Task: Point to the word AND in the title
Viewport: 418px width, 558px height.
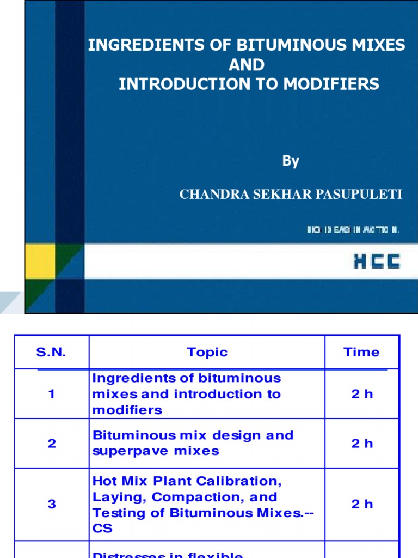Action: [x=247, y=65]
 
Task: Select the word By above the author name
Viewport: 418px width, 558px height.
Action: [x=291, y=161]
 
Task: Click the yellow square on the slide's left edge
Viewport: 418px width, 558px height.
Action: [x=40, y=260]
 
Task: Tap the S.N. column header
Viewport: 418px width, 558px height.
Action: [x=51, y=352]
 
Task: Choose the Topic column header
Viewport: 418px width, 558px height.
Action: [x=207, y=352]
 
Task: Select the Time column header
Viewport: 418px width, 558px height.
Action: [x=361, y=352]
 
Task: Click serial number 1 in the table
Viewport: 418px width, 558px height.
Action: [x=52, y=394]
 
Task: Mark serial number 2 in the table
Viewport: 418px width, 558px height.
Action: [x=52, y=444]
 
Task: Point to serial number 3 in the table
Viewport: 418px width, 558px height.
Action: [x=52, y=504]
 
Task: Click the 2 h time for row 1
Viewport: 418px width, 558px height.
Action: [x=362, y=394]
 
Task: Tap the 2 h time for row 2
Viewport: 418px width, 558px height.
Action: [x=362, y=444]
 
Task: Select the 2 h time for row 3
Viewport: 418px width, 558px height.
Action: [x=362, y=504]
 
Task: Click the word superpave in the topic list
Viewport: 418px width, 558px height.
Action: [x=121, y=451]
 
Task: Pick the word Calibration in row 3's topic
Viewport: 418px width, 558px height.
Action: [x=249, y=482]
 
